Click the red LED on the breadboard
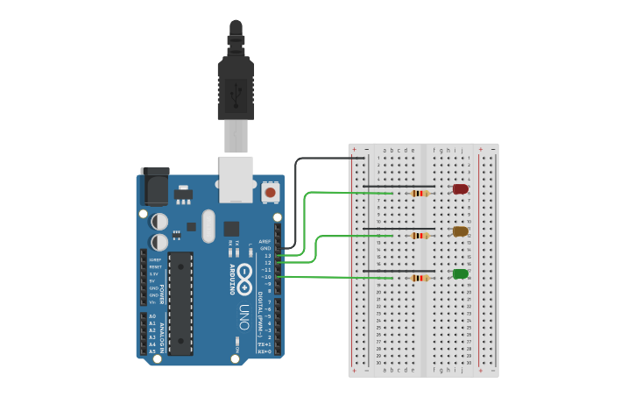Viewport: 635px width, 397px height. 460,189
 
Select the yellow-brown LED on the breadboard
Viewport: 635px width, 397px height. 460,231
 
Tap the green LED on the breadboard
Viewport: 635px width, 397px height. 460,274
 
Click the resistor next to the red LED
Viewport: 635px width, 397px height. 421,193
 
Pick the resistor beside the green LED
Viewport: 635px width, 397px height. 421,278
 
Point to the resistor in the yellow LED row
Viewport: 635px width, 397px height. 421,235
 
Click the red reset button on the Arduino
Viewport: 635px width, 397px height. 271,191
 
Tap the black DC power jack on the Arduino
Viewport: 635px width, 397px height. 155,187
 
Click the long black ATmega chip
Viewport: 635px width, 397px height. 180,302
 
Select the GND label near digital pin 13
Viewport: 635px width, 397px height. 265,248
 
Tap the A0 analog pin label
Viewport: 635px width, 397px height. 152,316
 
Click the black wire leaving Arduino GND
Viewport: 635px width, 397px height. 298,202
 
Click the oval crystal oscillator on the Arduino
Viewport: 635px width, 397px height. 208,226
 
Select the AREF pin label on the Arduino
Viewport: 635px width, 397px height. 265,241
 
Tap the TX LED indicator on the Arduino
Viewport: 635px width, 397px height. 230,251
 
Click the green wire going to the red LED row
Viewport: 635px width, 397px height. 305,219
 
